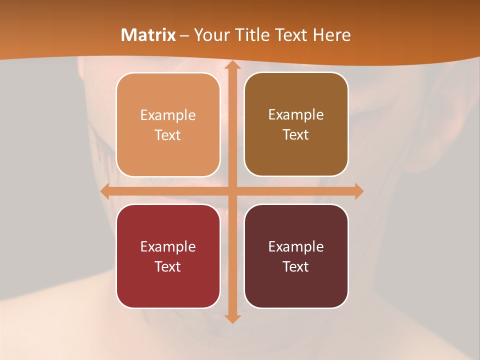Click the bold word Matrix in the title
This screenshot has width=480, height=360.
[x=148, y=35]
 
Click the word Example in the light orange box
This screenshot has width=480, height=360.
[x=168, y=115]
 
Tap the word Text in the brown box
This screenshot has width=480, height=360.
[x=296, y=135]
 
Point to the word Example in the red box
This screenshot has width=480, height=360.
[x=168, y=246]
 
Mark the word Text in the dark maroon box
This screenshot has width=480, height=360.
[x=296, y=266]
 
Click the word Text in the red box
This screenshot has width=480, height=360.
[x=168, y=266]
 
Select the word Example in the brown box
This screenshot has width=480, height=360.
[x=296, y=115]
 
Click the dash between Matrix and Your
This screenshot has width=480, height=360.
[x=184, y=35]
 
